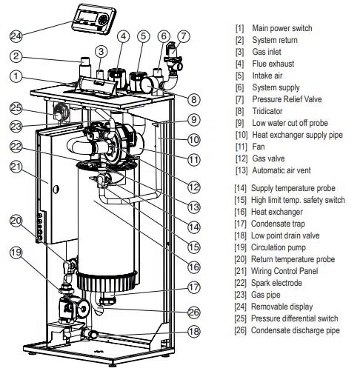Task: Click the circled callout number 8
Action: pyautogui.click(x=193, y=99)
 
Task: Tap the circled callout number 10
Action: pyautogui.click(x=193, y=138)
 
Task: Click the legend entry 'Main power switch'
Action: pyautogui.click(x=282, y=27)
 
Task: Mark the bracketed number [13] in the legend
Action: pyautogui.click(x=240, y=170)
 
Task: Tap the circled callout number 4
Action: pyautogui.click(x=123, y=35)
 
